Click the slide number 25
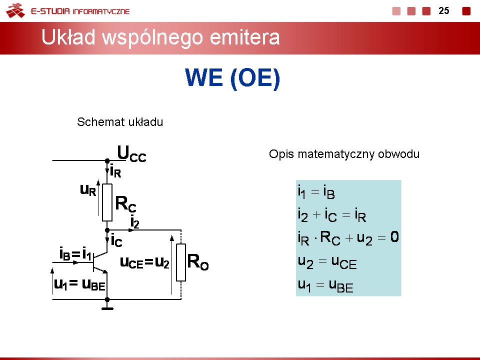pos(443,10)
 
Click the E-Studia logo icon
pos(15,10)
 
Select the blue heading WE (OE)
pos(232,78)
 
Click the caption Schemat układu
pos(120,122)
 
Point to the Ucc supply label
pos(131,153)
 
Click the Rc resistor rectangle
pos(107,202)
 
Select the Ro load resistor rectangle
pos(181,262)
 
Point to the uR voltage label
pos(88,190)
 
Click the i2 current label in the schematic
pos(134,221)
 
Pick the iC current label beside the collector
pos(116,240)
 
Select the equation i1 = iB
pos(316,192)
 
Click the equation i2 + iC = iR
pos(332,214)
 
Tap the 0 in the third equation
pos(394,237)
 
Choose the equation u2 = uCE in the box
pos(327,262)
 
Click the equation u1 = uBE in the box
pos(325,285)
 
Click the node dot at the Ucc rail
pos(107,160)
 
